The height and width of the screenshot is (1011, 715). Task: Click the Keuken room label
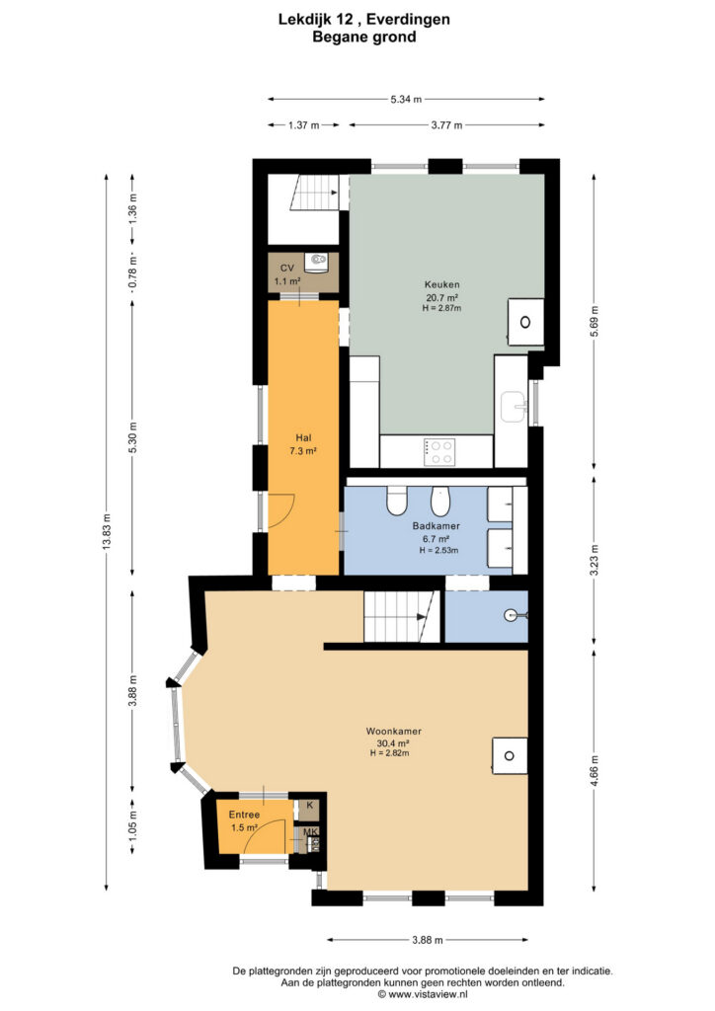point(441,284)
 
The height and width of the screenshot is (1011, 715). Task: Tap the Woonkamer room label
point(393,732)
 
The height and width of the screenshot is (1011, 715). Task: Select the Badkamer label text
point(436,526)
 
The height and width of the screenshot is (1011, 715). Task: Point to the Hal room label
point(303,437)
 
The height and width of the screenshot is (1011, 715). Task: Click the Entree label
point(244,815)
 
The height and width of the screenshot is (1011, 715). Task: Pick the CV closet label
point(287,269)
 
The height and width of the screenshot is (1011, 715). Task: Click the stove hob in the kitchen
point(439,451)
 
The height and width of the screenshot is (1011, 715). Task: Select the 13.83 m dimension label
point(107,531)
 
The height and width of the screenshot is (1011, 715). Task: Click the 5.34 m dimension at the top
point(406,100)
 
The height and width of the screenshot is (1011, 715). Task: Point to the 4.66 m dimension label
point(595,768)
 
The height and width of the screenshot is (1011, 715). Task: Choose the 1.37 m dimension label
point(303,125)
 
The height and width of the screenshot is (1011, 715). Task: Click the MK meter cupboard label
point(310,832)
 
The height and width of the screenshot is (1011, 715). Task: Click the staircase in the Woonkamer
point(401,616)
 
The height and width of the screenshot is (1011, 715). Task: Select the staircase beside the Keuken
point(315,193)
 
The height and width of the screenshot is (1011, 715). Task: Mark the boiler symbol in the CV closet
point(318,261)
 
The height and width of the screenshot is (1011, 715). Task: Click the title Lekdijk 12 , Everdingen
point(364,20)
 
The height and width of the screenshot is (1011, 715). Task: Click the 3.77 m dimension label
point(446,125)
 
